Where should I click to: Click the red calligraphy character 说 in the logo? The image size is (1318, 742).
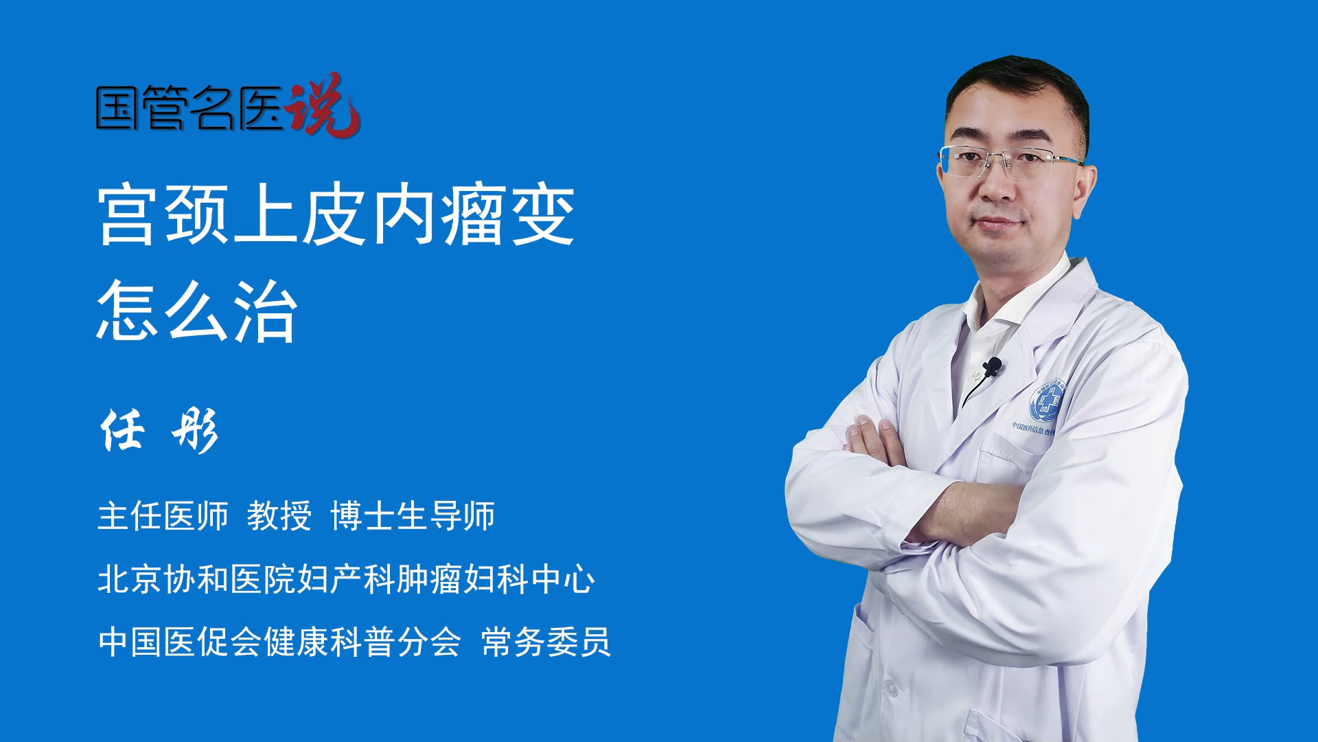tap(323, 104)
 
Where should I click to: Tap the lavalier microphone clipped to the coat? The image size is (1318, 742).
tap(992, 367)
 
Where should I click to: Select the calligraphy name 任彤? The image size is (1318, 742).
tap(159, 431)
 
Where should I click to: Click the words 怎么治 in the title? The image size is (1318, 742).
tap(198, 311)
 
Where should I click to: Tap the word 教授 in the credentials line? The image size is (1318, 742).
tap(279, 516)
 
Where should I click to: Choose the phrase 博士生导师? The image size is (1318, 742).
tap(413, 516)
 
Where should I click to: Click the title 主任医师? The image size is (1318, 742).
tap(163, 516)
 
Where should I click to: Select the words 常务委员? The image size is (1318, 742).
tap(546, 642)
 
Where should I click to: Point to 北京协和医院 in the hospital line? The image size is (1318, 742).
tap(196, 579)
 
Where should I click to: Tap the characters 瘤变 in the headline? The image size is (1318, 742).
tap(508, 215)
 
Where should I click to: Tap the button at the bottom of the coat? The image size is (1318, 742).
tap(891, 687)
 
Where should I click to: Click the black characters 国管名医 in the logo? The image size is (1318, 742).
tap(189, 108)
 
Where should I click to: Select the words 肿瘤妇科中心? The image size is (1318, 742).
tap(496, 579)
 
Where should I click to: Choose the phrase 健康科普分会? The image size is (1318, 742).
tap(362, 642)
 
